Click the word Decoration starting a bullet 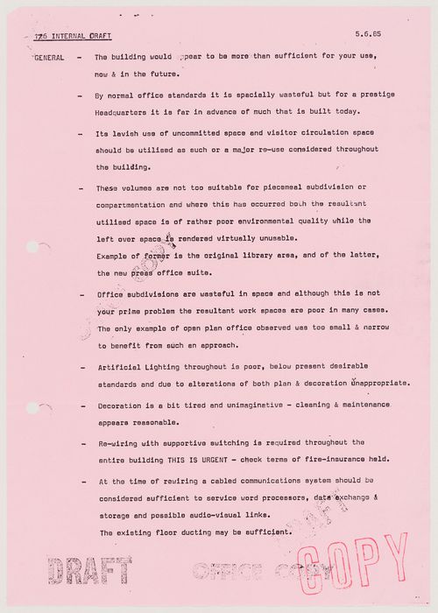(123, 406)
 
